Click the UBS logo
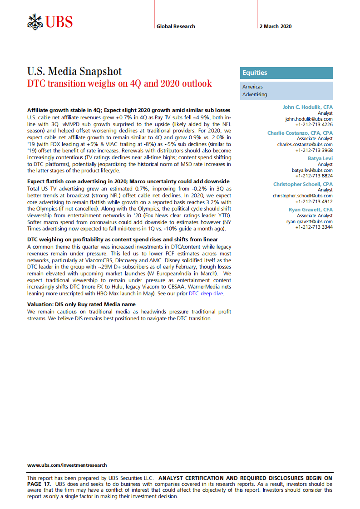point(49,21)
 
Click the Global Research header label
point(176,26)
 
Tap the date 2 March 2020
point(276,26)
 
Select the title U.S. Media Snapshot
point(74,71)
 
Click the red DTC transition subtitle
point(119,84)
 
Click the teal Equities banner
point(286,73)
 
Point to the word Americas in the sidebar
point(252,87)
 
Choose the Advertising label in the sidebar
point(255,94)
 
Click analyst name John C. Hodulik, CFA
point(307,107)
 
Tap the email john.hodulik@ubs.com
point(309,119)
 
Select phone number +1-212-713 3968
point(314,150)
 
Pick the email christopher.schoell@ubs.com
point(302,196)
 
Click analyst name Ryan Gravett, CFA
point(311,210)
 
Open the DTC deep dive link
point(206,294)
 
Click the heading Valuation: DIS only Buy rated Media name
point(81,304)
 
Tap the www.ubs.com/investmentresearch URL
point(67,465)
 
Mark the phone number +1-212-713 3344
point(314,227)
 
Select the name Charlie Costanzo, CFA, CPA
point(300,133)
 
